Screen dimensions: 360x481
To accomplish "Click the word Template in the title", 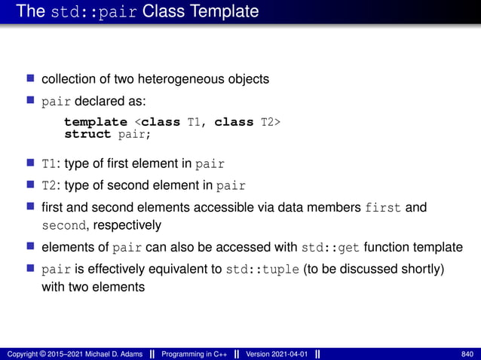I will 225,12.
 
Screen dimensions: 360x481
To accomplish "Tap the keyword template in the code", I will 96,121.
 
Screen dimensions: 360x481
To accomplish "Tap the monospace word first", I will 383,207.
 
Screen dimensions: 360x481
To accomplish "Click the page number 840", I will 466,354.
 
